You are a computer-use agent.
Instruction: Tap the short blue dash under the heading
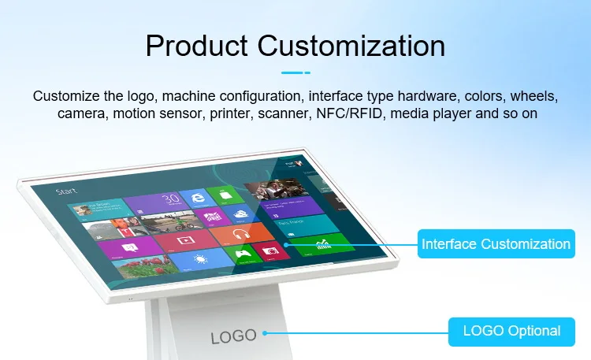[295, 72]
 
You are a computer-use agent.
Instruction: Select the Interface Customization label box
[496, 243]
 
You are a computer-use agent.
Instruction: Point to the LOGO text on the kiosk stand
[234, 336]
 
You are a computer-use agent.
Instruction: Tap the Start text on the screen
[65, 191]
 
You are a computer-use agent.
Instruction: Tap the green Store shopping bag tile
[226, 195]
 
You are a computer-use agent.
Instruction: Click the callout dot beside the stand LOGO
[265, 332]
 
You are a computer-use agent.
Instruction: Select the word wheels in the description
[534, 97]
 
